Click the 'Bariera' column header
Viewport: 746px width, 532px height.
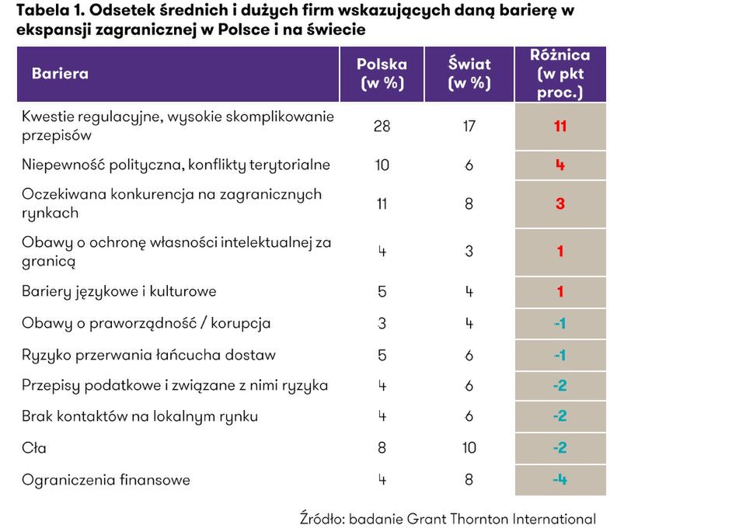(60, 75)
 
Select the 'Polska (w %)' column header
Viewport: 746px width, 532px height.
(382, 75)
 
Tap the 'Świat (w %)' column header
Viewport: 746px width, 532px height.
(469, 75)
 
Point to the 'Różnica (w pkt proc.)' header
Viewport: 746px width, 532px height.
(559, 75)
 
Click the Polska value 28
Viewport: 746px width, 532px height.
(382, 126)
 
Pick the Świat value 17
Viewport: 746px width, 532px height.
(469, 126)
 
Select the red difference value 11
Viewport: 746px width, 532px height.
(560, 126)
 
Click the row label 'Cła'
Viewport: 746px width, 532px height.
(34, 448)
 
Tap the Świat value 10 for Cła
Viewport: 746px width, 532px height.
(469, 448)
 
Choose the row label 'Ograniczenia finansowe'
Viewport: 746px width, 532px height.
(106, 480)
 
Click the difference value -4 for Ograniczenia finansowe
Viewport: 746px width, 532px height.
(559, 480)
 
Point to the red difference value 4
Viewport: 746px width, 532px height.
(560, 165)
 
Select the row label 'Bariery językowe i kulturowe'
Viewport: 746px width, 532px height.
(119, 292)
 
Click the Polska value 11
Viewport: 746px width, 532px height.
(382, 203)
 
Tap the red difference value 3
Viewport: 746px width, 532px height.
(560, 203)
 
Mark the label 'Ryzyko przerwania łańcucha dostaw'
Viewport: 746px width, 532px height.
(148, 356)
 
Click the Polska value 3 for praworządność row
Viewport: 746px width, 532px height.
(382, 324)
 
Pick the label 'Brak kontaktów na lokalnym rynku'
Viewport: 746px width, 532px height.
(140, 416)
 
